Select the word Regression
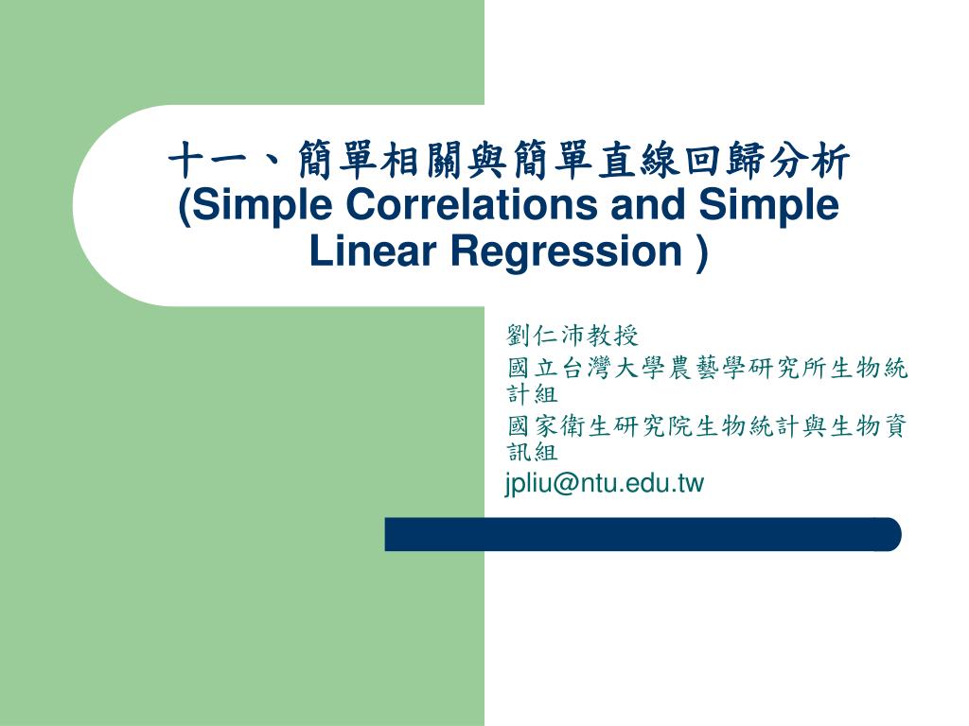tap(566, 251)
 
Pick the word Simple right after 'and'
tap(768, 205)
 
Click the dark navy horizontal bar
tap(643, 534)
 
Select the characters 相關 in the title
tap(418, 161)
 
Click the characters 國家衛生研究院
tap(600, 428)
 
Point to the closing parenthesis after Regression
tap(700, 252)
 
